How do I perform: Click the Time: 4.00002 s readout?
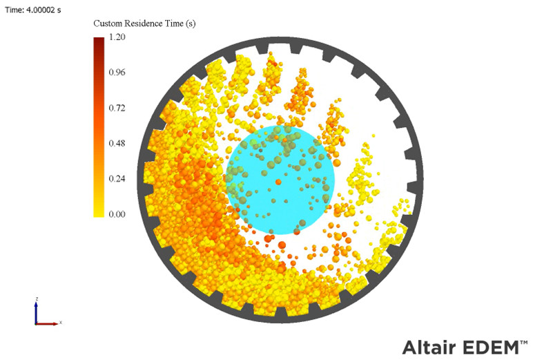click(32, 9)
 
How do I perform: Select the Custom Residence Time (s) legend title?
click(144, 23)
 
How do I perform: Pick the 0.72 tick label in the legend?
click(117, 108)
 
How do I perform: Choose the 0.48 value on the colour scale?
click(117, 144)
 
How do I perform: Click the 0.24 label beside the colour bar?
click(117, 179)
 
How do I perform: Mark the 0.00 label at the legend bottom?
click(117, 214)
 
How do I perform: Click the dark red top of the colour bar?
click(99, 41)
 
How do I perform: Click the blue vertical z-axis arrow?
click(36, 311)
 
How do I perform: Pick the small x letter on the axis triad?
click(61, 323)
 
